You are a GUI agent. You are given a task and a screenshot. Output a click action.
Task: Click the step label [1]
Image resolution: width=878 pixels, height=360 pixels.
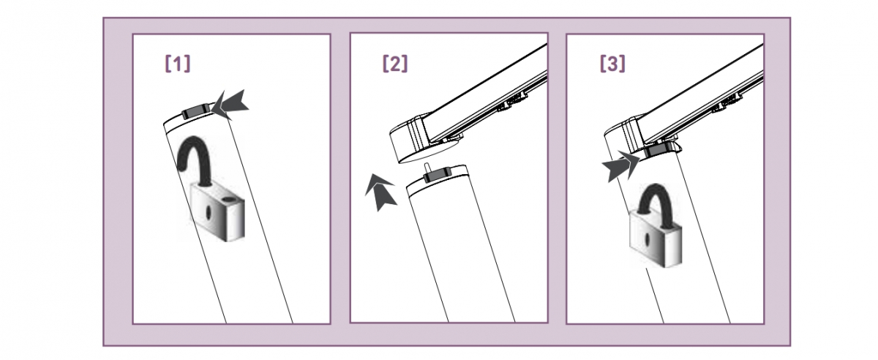178,64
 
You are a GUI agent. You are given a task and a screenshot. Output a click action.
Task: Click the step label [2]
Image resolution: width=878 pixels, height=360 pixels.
395,64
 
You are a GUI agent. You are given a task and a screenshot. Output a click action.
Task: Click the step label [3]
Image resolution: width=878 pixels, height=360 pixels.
612,64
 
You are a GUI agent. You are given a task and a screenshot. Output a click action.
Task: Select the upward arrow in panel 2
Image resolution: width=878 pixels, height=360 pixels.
380,193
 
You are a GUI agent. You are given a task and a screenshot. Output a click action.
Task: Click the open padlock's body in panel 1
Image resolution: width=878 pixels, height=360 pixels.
217,212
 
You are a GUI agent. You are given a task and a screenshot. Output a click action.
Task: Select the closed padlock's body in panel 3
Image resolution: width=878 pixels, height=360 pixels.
656,239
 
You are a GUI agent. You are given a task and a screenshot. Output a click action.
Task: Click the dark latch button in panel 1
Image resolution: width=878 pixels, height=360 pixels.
195,111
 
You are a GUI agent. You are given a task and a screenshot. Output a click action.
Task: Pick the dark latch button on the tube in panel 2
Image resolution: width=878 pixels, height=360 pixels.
438,174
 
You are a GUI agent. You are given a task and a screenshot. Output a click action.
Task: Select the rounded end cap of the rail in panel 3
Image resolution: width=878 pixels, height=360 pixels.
623,135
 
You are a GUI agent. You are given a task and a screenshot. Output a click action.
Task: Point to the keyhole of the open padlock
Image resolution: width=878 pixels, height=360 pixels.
209,212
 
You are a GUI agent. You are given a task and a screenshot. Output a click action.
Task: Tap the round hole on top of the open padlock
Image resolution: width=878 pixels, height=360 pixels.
228,200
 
